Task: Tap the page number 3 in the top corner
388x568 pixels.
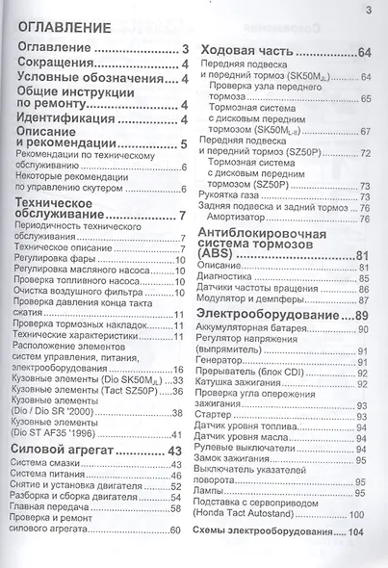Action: [x=369, y=11]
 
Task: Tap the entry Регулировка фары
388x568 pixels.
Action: [x=57, y=260]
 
